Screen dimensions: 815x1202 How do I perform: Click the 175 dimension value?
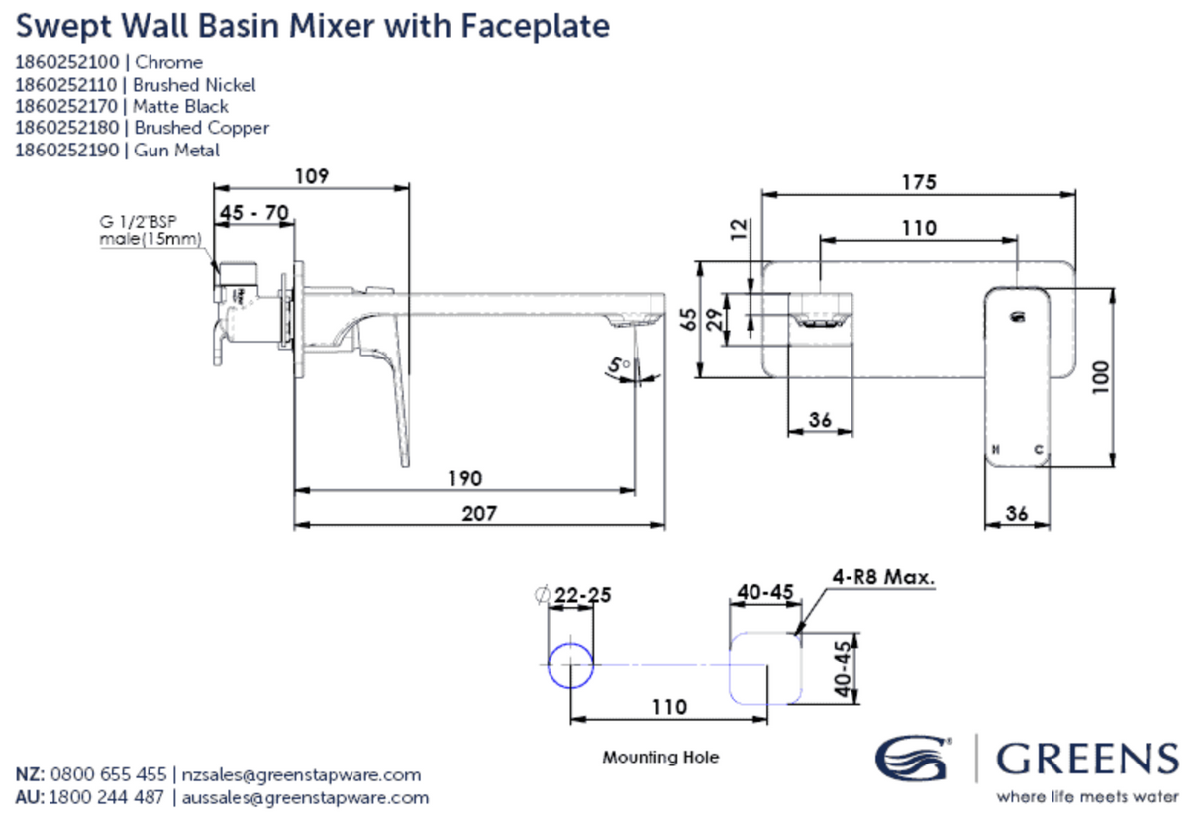(x=918, y=183)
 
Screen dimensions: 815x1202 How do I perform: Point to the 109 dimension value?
(x=311, y=176)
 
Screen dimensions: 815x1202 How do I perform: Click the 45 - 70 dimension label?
(x=253, y=213)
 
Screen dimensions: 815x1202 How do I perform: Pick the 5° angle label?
(x=621, y=366)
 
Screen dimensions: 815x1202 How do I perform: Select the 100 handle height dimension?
(x=1098, y=376)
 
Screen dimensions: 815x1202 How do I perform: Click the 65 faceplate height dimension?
(x=685, y=319)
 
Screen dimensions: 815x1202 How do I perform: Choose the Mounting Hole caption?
(x=660, y=758)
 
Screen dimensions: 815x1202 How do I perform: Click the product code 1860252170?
(x=67, y=106)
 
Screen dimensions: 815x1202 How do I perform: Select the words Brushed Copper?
(x=202, y=128)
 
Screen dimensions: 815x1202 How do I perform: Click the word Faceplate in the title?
(x=535, y=26)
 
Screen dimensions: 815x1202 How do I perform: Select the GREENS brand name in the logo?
(x=1087, y=760)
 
